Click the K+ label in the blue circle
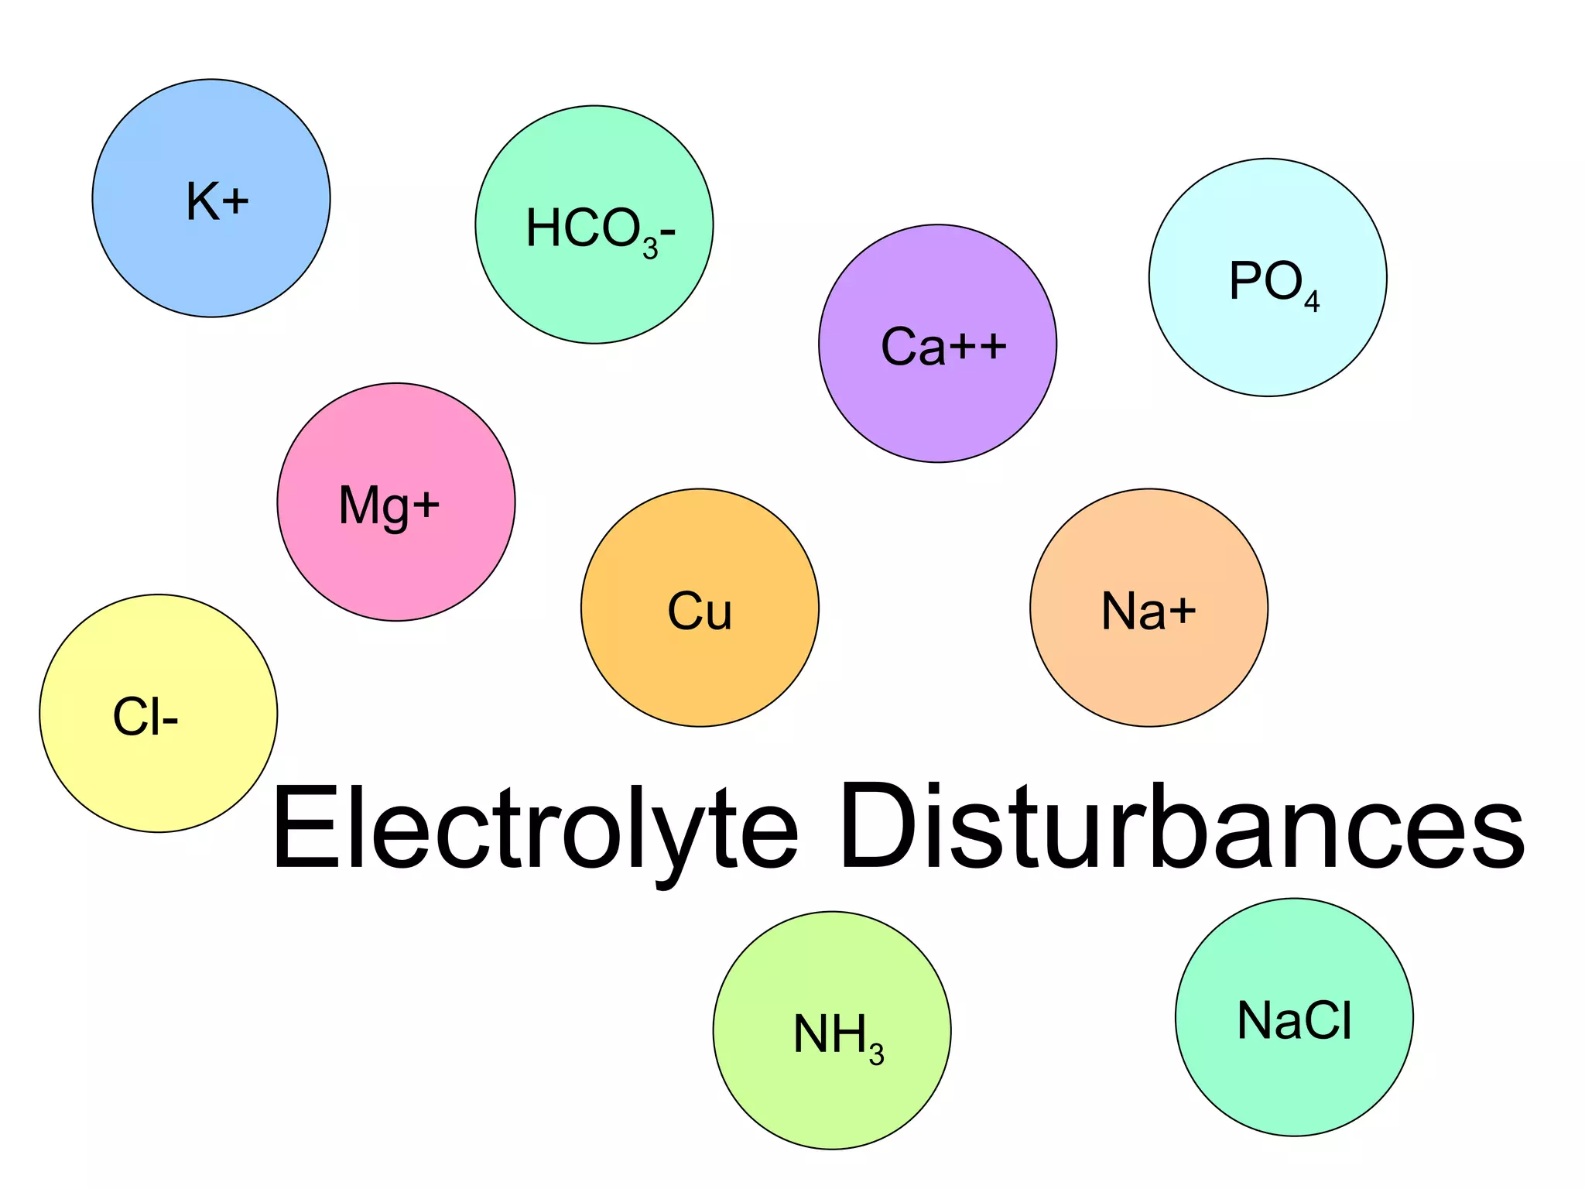point(217,201)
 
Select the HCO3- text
point(600,230)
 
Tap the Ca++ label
point(943,346)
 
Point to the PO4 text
point(1273,283)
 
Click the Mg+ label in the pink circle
point(389,506)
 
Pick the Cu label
point(700,612)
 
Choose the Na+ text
point(1149,612)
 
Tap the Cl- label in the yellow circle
point(145,717)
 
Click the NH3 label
point(838,1036)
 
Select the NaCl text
point(1295,1020)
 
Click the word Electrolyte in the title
point(534,828)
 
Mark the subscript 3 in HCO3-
point(650,248)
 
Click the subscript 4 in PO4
point(1312,301)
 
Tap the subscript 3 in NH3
point(876,1054)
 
